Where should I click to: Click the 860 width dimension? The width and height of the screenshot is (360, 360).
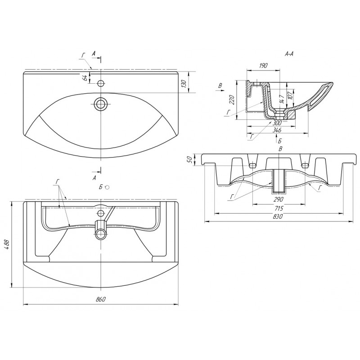coord(100,299)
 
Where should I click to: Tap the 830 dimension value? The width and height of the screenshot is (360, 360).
coord(278,216)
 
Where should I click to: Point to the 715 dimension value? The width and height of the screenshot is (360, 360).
coord(279,208)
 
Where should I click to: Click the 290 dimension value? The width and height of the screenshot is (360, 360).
coord(278,199)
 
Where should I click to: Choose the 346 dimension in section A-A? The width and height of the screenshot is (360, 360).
coord(277,130)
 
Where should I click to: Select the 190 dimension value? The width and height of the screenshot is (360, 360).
coord(263,66)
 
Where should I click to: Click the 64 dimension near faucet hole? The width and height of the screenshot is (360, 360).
coord(85,77)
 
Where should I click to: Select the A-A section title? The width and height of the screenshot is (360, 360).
coord(289,54)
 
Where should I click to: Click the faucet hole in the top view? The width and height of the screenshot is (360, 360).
coord(100,83)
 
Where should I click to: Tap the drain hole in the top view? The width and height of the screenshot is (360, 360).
coord(100,104)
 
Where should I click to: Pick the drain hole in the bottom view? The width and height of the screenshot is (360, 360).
coord(100,234)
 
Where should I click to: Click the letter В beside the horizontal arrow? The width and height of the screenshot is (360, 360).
coord(220,85)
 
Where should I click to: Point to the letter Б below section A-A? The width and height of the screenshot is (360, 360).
coord(279,141)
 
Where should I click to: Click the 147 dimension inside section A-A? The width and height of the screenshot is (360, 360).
coord(282,99)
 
